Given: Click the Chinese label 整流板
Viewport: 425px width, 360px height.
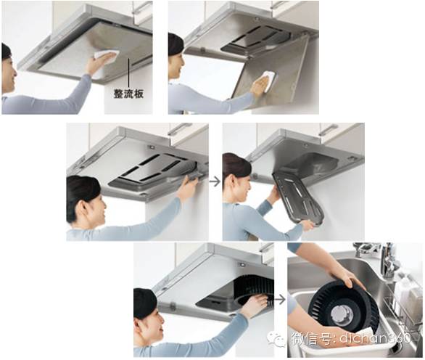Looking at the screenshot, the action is [x=128, y=94].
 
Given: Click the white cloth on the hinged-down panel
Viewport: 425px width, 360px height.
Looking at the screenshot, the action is [x=267, y=80].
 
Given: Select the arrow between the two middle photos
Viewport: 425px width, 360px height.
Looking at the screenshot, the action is [x=215, y=181].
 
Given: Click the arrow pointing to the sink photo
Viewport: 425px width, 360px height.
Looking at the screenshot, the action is [x=280, y=300].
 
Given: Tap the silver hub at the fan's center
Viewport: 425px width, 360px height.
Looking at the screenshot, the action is [x=342, y=315].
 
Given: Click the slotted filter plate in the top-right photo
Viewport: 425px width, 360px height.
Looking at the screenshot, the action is [x=256, y=38].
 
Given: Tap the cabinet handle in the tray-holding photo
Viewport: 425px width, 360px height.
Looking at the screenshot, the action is [x=327, y=130].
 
